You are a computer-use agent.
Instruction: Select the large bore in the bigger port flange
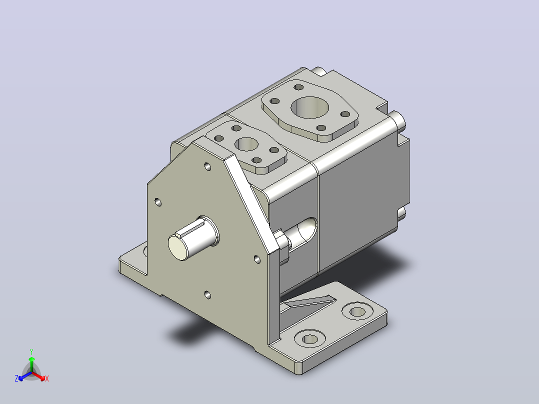(x=309, y=107)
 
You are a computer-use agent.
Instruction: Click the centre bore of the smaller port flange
(x=247, y=144)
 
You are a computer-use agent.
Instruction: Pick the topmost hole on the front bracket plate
(x=207, y=167)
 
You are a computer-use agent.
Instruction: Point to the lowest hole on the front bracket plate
(x=207, y=295)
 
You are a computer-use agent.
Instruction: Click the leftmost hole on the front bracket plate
(x=158, y=202)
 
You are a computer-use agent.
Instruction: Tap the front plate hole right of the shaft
(x=257, y=259)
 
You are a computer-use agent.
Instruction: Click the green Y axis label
(x=31, y=351)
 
